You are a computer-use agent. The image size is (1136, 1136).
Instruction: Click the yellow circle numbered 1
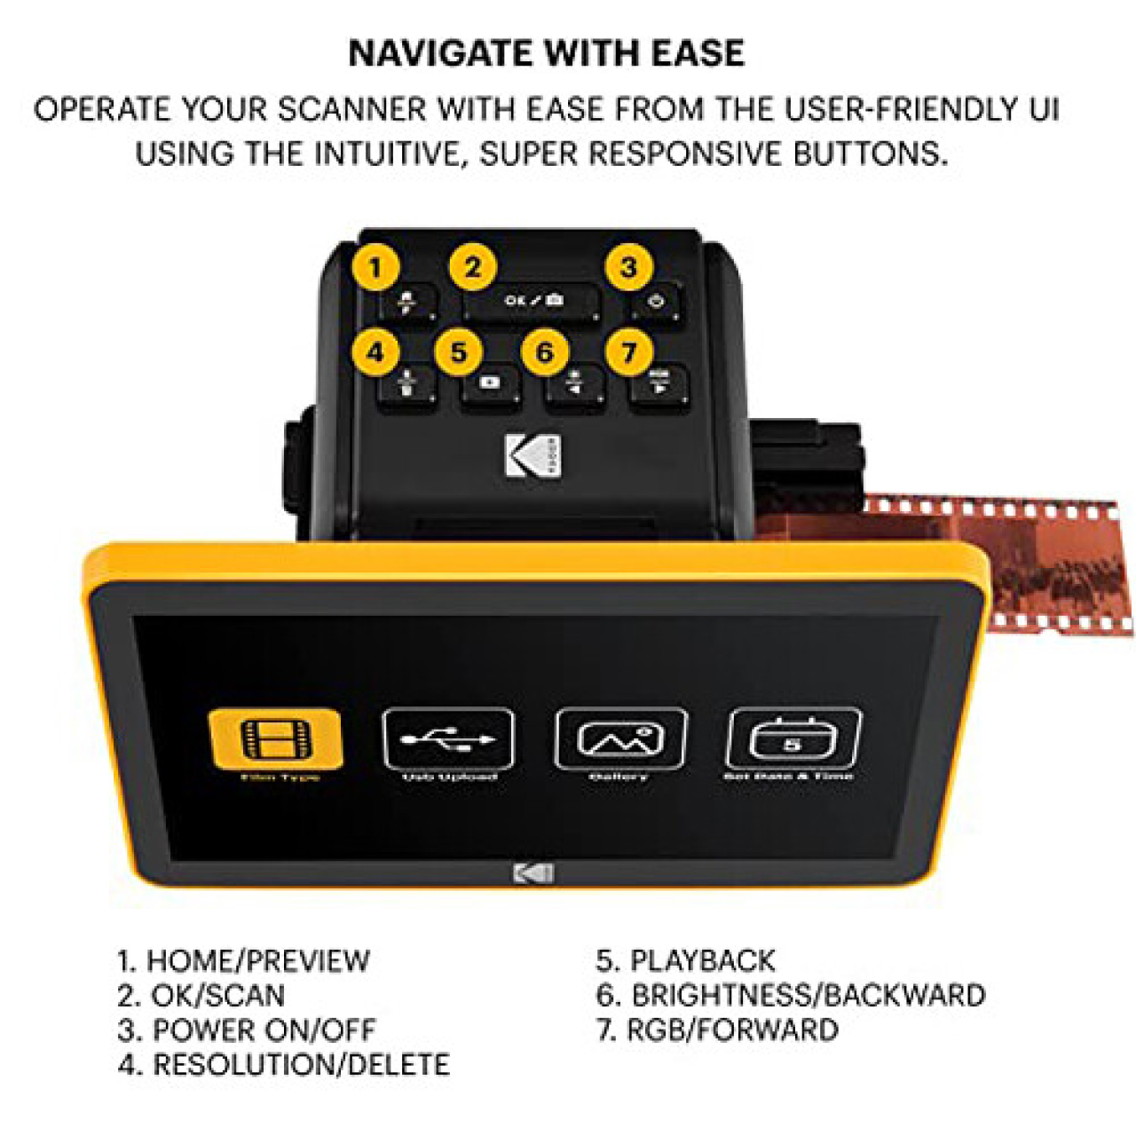coord(375,267)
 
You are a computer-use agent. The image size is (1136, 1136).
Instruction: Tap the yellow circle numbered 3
coord(628,267)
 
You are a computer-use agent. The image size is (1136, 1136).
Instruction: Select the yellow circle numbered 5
coord(459,351)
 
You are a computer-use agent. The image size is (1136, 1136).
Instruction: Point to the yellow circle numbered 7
coord(629,351)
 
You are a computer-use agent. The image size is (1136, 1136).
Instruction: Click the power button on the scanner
coord(657,302)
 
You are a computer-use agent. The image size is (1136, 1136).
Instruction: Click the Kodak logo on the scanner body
coord(533,456)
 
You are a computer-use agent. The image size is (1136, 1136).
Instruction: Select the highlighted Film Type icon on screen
coord(275,738)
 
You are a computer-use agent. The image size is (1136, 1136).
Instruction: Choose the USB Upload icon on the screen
coord(448,738)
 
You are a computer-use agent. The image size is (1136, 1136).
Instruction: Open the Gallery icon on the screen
coord(620,738)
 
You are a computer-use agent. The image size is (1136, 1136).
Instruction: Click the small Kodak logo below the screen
coord(533,873)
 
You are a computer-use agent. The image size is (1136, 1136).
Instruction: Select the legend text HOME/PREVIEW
coord(257,960)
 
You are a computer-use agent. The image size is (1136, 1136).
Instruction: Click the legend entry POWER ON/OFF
coord(264,1030)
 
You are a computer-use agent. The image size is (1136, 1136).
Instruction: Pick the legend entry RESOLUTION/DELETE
coord(301,1065)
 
